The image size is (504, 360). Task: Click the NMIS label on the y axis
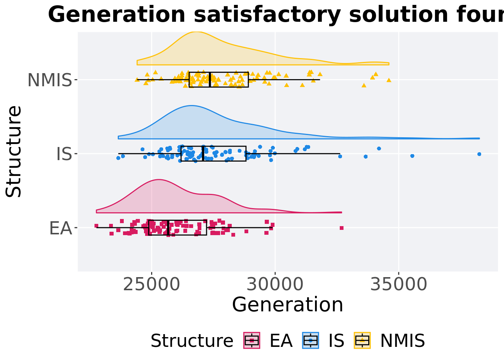49,80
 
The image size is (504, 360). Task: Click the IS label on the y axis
64,154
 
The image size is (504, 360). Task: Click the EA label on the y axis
60,228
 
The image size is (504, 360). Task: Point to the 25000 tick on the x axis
151,285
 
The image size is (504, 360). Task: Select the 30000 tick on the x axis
275,285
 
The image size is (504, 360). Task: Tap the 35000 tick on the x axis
398,285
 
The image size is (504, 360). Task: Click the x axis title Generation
288,304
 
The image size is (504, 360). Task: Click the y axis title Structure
14,151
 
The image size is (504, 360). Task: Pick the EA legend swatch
252,340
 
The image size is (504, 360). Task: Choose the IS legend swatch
310,340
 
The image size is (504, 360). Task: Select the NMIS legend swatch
362,340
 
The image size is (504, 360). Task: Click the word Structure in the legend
192,341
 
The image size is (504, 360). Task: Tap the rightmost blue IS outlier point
479,154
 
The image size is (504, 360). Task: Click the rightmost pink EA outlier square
341,228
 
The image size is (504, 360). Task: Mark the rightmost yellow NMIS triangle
389,80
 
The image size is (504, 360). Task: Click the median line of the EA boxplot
168,228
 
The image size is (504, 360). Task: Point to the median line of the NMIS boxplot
210,79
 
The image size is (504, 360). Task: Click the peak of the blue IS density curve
191,106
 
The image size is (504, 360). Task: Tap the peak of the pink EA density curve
159,180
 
